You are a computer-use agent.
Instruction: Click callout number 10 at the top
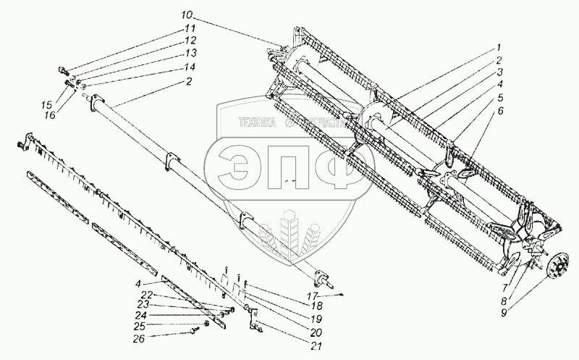point(187,14)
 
